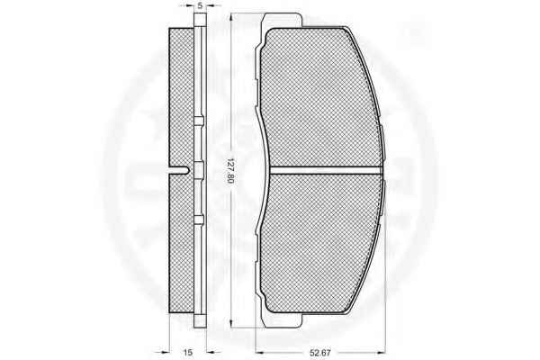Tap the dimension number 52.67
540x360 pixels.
[x=320, y=353]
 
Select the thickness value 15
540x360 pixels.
[x=188, y=353]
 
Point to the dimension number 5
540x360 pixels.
[x=200, y=6]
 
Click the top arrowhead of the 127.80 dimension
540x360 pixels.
[x=230, y=17]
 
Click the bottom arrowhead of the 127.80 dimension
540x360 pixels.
[x=230, y=323]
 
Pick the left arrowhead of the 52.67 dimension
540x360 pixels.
[x=259, y=353]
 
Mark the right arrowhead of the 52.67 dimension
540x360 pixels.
[x=380, y=353]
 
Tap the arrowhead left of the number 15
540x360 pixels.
[x=166, y=352]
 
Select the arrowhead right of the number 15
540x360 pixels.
[x=211, y=352]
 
